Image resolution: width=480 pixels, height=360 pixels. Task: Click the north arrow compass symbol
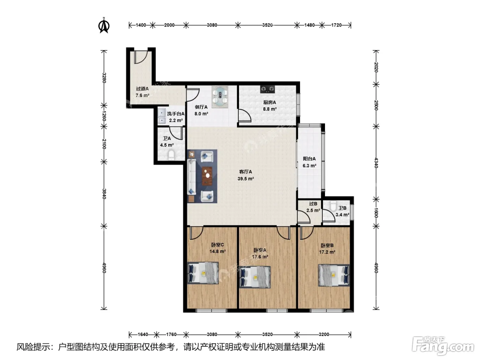pos(104,26)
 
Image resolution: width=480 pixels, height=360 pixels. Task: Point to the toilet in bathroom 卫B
pos(333,206)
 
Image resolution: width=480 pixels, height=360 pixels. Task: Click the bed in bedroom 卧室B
pos(334,275)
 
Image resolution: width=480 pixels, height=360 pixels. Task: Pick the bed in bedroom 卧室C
pos(203,273)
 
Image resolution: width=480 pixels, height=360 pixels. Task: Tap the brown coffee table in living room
pos(207,176)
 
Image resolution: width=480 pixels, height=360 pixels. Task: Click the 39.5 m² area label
pos(245,179)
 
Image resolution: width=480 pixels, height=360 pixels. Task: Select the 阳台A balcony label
pos(309,159)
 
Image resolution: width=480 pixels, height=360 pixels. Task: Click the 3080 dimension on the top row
pos(212,25)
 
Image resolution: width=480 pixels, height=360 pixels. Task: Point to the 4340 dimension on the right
pos(376,163)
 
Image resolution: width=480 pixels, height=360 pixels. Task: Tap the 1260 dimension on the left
pos(104,116)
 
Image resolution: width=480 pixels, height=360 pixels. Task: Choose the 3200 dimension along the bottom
pos(324,334)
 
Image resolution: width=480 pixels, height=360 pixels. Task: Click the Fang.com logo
pos(443,346)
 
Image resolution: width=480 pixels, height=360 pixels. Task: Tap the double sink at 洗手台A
pos(161,116)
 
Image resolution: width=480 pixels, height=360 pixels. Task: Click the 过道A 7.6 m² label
pos(142,92)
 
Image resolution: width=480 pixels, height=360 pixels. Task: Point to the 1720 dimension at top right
pos(336,25)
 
